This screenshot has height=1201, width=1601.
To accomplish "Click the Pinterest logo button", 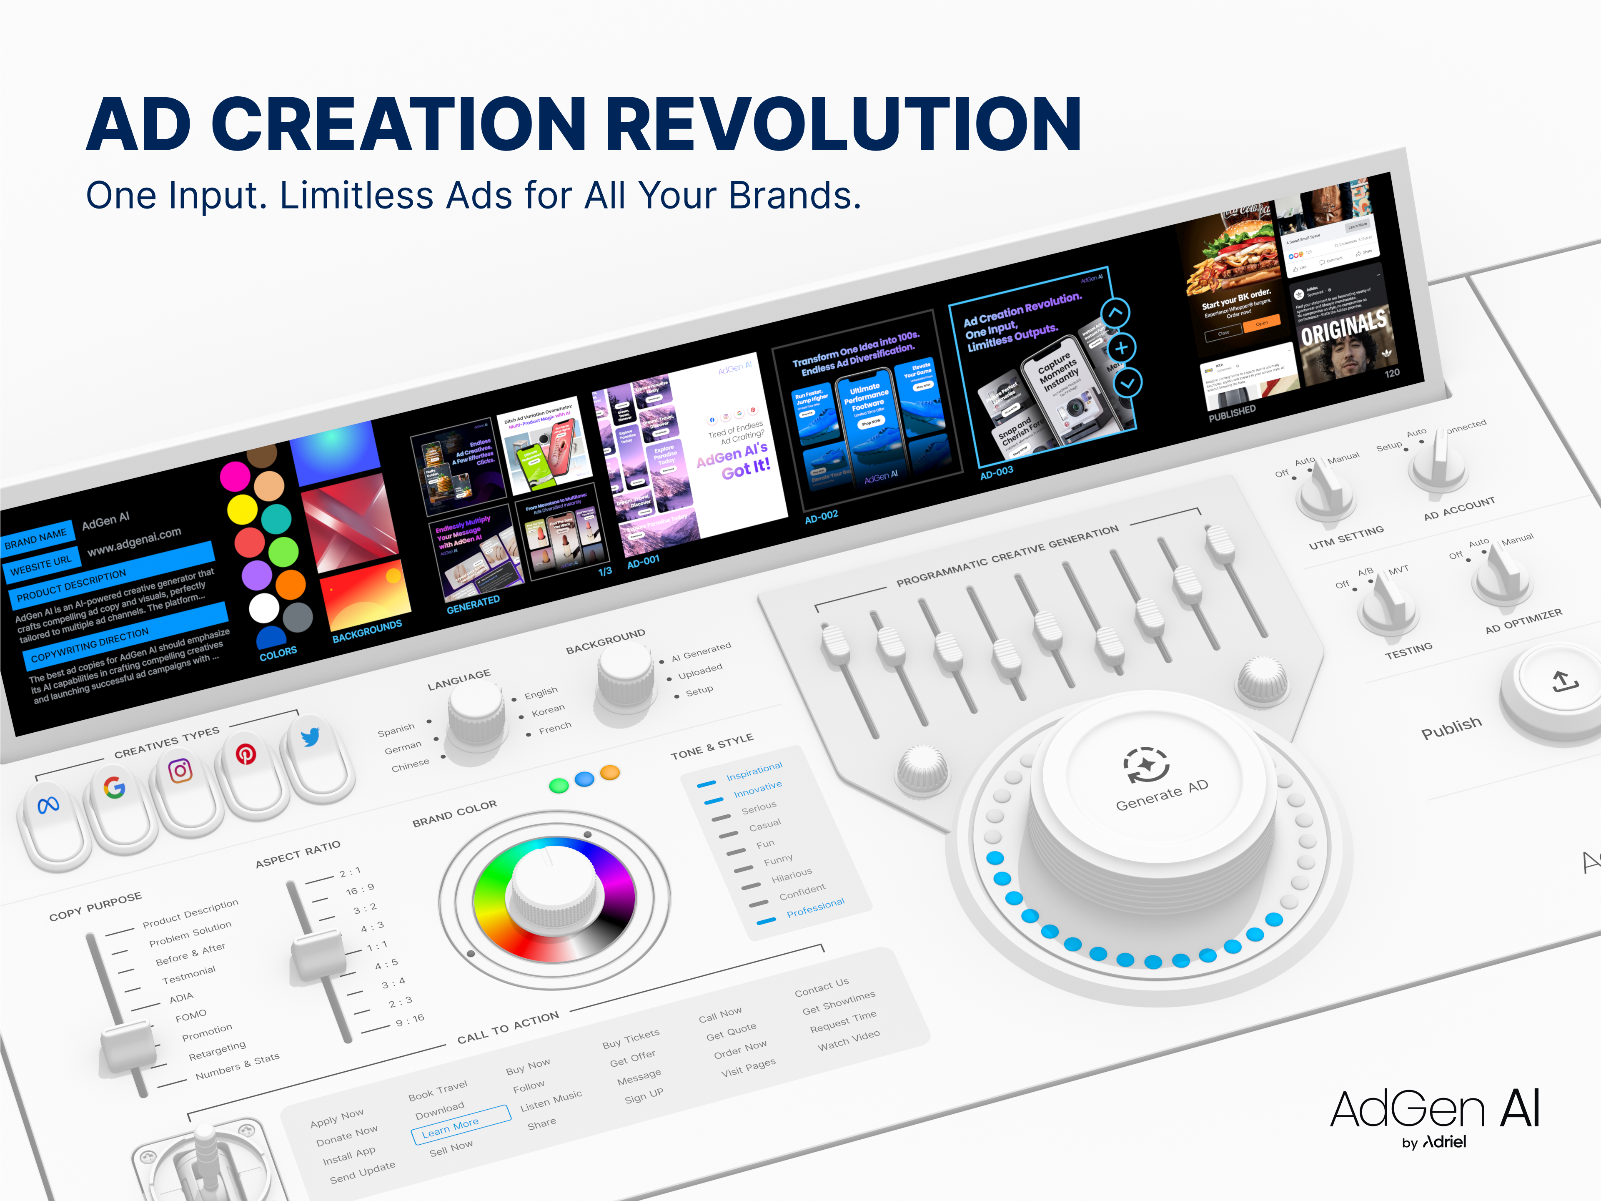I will [x=246, y=754].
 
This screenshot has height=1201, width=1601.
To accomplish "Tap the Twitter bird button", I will [x=311, y=737].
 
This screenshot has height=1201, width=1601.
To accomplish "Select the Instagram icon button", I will [x=180, y=770].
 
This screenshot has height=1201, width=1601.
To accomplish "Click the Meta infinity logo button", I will [x=48, y=804].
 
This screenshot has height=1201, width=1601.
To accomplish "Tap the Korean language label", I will [x=548, y=710].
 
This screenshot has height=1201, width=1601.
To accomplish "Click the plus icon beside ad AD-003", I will [x=1121, y=348].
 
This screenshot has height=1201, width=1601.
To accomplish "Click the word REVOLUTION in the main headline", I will [x=843, y=125].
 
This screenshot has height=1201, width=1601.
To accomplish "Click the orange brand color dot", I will [x=610, y=772].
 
